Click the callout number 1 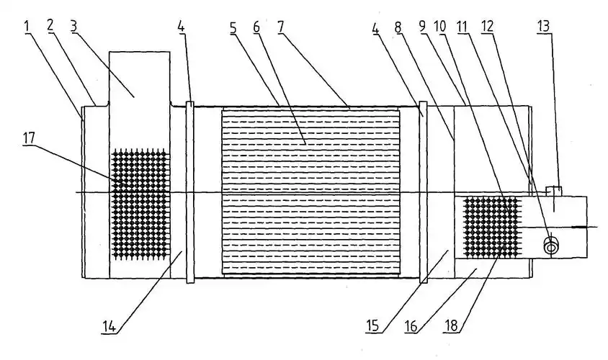pos(27,26)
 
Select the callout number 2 pos(50,26)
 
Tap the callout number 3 pos(73,26)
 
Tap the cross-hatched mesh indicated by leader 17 pos(139,204)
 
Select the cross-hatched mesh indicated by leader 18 pos(492,227)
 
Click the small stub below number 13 pos(553,191)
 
